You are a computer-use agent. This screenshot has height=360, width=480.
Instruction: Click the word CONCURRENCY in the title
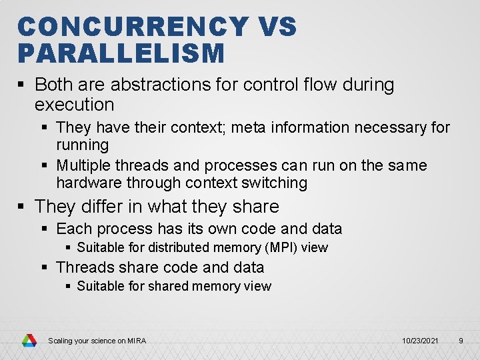pyautogui.click(x=133, y=26)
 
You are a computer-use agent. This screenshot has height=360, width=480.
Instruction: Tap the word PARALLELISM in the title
pyautogui.click(x=121, y=53)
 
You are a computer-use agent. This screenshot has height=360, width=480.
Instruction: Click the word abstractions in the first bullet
pyautogui.click(x=161, y=84)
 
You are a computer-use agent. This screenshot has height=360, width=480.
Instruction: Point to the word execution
pyautogui.click(x=75, y=105)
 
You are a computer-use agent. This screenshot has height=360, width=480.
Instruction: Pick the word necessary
pyautogui.click(x=390, y=127)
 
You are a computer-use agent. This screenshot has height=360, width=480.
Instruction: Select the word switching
pyautogui.click(x=274, y=183)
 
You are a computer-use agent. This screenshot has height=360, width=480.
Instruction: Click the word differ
pyautogui.click(x=102, y=206)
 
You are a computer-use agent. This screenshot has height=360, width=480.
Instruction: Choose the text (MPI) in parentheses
pyautogui.click(x=281, y=247)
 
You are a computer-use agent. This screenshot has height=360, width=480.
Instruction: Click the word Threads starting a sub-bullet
pyautogui.click(x=85, y=267)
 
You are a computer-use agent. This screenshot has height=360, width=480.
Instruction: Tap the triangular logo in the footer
pyautogui.click(x=29, y=341)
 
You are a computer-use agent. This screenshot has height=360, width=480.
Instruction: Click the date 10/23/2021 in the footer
pyautogui.click(x=420, y=341)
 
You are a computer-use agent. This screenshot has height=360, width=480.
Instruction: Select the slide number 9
pyautogui.click(x=461, y=341)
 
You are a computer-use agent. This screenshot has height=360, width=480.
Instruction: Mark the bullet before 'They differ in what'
pyautogui.click(x=21, y=206)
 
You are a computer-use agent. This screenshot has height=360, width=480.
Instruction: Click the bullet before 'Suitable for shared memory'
pyautogui.click(x=68, y=286)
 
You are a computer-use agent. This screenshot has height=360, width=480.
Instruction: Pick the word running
pyautogui.click(x=83, y=145)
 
